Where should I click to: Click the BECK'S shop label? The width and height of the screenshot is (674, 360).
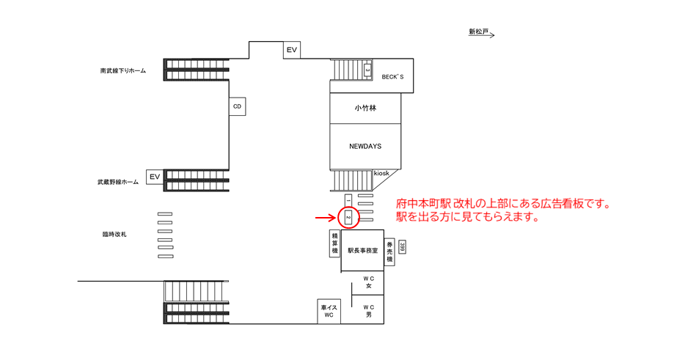click(x=392, y=76)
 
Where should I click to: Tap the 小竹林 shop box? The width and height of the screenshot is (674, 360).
click(x=365, y=108)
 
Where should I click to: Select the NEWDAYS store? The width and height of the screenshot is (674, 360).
click(x=365, y=146)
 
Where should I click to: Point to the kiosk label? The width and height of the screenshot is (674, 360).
click(x=381, y=173)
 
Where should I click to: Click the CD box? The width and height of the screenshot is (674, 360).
click(x=237, y=106)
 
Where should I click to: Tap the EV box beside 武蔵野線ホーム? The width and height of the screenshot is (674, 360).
click(x=154, y=177)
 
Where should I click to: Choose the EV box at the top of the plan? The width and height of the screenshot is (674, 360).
click(x=292, y=50)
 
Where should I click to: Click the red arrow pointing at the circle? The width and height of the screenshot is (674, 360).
click(x=326, y=218)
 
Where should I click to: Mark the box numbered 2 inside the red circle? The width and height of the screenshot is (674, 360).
click(x=348, y=218)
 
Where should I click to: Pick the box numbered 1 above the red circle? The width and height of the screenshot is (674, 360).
click(x=348, y=199)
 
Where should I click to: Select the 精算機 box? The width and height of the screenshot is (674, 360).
click(x=335, y=243)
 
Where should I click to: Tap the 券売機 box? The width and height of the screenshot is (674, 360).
click(x=390, y=251)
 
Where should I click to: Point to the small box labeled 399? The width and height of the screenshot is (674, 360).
click(x=403, y=248)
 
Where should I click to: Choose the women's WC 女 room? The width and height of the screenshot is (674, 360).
click(x=370, y=282)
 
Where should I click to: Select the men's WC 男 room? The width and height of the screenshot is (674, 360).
click(x=370, y=310)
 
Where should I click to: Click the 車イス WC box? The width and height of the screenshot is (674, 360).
click(x=328, y=311)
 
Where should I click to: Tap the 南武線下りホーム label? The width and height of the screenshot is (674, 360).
click(x=123, y=71)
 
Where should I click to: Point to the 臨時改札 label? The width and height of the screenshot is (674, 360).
click(x=115, y=234)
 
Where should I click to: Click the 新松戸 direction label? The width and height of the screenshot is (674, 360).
click(x=481, y=32)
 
